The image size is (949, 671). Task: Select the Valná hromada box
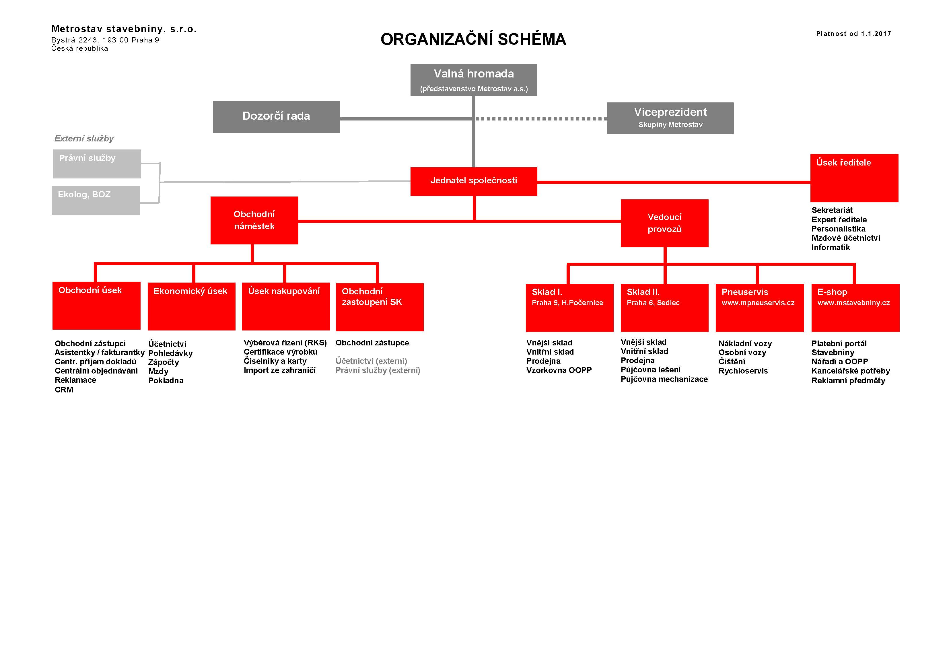[x=474, y=80]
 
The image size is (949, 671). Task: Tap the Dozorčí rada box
[x=276, y=117]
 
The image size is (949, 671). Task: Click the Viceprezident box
[x=670, y=118]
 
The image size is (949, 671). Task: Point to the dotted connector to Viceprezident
[x=541, y=119]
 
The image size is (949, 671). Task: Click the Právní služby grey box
[x=97, y=164]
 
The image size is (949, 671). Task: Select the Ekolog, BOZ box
[x=96, y=200]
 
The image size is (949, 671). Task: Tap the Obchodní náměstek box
[x=254, y=220]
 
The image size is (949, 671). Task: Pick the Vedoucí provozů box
[x=665, y=223]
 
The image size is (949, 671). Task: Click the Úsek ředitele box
[x=854, y=178]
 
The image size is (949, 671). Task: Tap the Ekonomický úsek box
[x=191, y=306]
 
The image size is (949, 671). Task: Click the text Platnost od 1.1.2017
[x=853, y=34]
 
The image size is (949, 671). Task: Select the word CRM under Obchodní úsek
[x=64, y=390]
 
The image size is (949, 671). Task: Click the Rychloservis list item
[x=743, y=371]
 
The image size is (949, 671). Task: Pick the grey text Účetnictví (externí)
[x=371, y=361]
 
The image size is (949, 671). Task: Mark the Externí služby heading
[x=84, y=139]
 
